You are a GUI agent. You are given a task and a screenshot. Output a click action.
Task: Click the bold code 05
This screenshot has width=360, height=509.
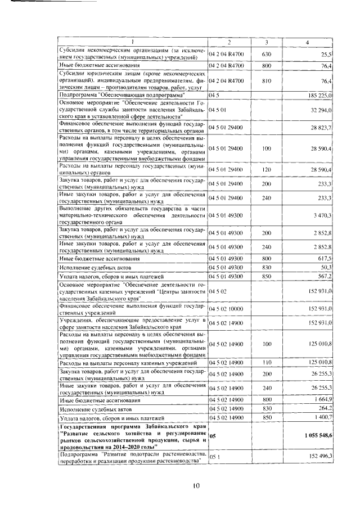point(212,436)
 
